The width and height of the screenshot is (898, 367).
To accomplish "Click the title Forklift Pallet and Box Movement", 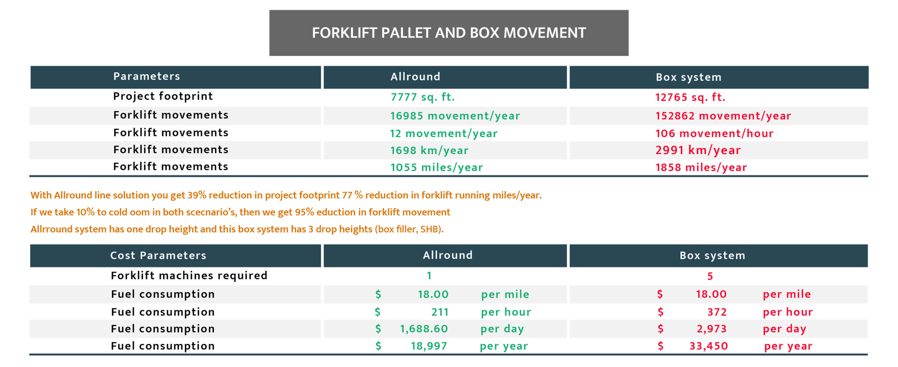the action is tap(449, 33).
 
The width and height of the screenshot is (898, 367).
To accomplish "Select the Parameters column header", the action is tap(147, 76).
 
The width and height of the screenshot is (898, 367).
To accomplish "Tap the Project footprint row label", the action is tap(163, 96).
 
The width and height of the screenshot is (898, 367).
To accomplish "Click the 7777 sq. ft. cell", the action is tap(423, 97).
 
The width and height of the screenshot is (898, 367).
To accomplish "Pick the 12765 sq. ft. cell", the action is tap(690, 97).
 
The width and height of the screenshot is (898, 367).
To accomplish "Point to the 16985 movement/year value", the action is tap(455, 116).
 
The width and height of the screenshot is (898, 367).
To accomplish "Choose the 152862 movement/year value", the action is tap(723, 116).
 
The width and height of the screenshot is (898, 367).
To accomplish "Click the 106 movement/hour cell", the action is tap(714, 133).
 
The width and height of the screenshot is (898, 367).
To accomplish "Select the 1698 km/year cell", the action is tap(429, 151).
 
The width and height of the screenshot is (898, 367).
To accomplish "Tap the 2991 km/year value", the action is tap(698, 150).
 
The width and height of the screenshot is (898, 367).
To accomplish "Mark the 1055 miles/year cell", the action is tap(437, 167).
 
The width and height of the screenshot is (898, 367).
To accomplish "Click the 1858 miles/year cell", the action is tap(701, 167).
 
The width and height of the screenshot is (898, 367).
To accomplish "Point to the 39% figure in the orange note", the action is tap(197, 195).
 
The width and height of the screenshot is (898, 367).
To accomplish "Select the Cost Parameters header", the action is tap(158, 255).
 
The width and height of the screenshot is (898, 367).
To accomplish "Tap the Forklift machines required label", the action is tap(189, 276).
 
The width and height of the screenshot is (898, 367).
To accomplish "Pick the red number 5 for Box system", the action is tap(710, 276).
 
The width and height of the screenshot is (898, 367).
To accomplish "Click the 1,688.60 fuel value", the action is tap(424, 329).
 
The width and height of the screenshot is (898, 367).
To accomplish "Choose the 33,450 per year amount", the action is tap(709, 346).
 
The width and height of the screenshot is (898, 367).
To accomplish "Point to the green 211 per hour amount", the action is tap(440, 312).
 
